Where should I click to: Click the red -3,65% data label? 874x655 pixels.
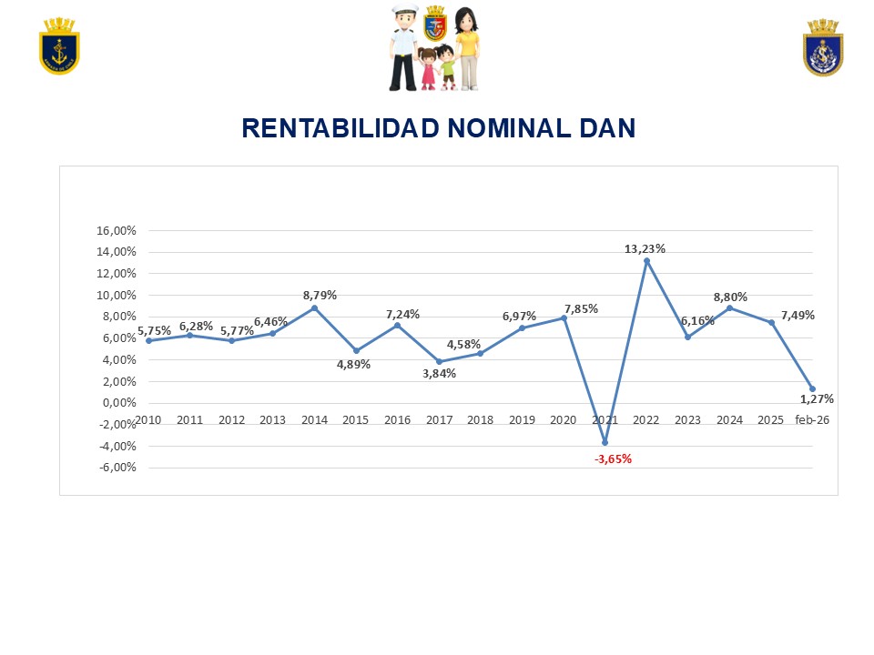(x=613, y=459)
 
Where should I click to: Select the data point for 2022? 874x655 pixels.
(x=646, y=261)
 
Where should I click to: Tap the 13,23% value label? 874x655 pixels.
(x=645, y=248)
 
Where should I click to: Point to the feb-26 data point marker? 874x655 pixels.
(x=812, y=389)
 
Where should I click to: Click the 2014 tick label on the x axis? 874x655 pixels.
(x=314, y=420)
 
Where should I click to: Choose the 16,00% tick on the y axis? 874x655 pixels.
(x=116, y=230)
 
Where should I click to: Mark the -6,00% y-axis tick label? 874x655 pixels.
(x=116, y=468)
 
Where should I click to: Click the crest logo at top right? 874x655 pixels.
(x=823, y=48)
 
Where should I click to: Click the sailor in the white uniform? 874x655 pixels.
(x=403, y=48)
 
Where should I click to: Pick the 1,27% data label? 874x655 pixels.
(x=817, y=398)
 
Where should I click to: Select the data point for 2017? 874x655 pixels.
(x=439, y=361)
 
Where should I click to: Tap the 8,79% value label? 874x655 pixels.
(x=320, y=295)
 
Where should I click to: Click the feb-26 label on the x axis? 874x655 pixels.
(x=812, y=420)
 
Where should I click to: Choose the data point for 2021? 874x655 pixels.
(x=605, y=442)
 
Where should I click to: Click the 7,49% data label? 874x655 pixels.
(x=797, y=315)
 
